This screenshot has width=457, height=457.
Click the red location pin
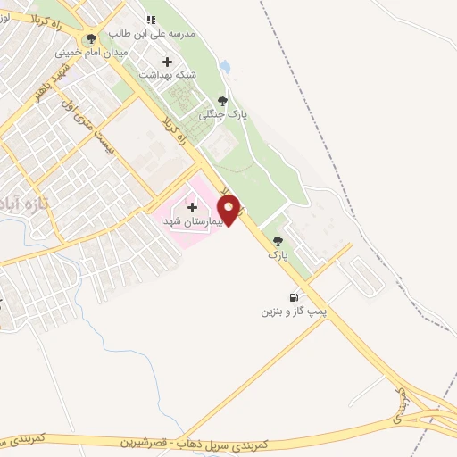(230, 210)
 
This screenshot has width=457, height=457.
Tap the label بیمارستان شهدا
(185, 220)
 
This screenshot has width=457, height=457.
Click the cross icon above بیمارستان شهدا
(192, 207)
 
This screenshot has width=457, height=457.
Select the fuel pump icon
(293, 297)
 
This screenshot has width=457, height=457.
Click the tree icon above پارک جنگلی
(222, 102)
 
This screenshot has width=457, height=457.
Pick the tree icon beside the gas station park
(278, 241)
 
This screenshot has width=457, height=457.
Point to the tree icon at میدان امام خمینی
(91, 38)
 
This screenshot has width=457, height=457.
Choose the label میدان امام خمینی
(92, 52)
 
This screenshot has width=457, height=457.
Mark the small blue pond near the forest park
(225, 67)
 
